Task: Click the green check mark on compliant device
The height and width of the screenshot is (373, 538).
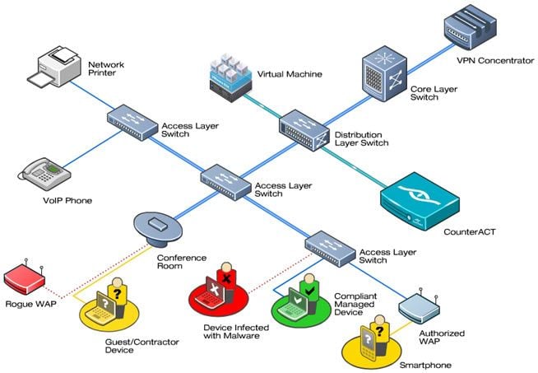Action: tap(308, 291)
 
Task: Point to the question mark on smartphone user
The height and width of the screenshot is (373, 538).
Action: tap(379, 330)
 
